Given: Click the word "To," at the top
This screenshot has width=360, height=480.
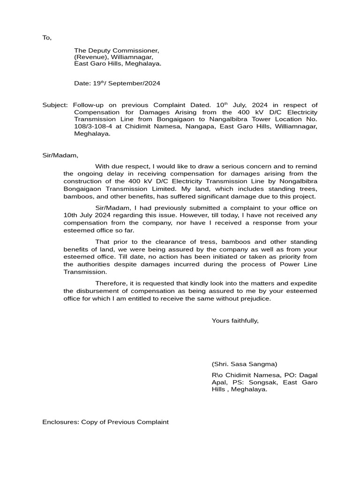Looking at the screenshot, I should (x=47, y=37).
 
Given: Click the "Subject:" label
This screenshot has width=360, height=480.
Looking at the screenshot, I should (x=55, y=105).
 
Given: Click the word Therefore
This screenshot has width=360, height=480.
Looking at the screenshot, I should (x=112, y=283).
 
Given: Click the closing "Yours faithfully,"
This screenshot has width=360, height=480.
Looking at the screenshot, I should (x=235, y=321).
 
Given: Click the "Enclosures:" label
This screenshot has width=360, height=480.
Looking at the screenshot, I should (x=60, y=422).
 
